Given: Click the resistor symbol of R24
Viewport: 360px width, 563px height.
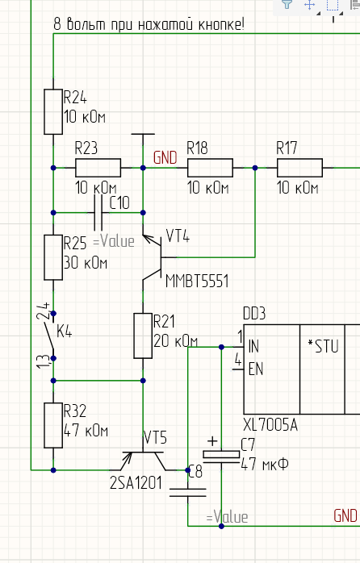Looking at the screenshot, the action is point(53,111).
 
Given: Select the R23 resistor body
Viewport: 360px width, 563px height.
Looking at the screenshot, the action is point(98,168).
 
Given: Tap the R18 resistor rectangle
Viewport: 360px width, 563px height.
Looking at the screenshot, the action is point(210,168).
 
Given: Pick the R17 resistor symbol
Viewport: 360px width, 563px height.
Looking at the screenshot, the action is point(299,168).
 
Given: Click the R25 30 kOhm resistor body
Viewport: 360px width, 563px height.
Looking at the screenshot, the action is point(53,257).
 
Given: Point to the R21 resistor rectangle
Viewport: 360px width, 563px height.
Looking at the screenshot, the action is point(143,336).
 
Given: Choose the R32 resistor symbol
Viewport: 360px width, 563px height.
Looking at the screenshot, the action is point(53,426).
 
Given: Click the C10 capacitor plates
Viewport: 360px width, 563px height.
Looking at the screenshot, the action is point(98,213).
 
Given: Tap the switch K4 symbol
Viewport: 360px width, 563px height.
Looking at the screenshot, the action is point(50,336).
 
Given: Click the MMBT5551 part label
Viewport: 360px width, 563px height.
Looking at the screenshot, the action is point(197,281).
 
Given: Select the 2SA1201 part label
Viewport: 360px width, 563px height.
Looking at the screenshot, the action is point(136,483).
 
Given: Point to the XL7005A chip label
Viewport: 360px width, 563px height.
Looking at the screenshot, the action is point(270,425).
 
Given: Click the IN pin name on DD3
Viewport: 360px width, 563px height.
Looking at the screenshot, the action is point(253,347).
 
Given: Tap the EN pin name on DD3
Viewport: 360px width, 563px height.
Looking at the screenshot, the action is point(256,369).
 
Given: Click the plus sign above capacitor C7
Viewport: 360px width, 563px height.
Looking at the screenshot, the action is point(212,441).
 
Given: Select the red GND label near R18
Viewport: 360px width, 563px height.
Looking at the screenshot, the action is point(165,157).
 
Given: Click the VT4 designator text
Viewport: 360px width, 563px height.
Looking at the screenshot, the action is point(178,236).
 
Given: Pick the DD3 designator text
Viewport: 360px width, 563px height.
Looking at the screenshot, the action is point(254,314).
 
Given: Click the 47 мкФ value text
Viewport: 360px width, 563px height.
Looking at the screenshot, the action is point(265,465).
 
